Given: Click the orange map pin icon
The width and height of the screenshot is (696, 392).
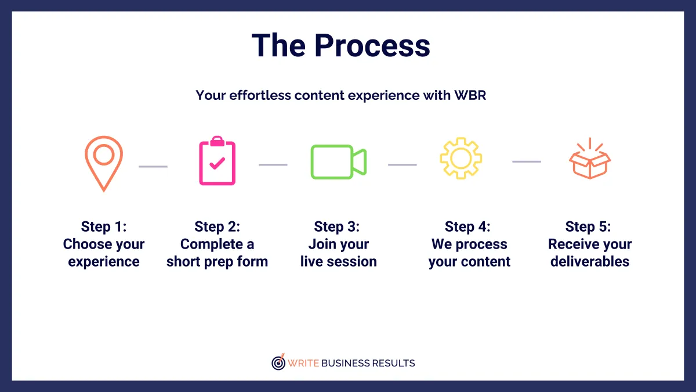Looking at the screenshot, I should (104, 163).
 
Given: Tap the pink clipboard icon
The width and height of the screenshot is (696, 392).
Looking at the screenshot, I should (217, 161).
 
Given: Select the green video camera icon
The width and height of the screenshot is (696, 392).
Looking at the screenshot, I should (338, 161).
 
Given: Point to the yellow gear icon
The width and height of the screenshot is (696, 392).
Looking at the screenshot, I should (461, 158).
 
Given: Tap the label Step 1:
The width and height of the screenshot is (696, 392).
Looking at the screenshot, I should (104, 226).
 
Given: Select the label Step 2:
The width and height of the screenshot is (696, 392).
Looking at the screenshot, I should (217, 226).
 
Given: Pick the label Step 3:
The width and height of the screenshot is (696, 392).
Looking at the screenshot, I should (337, 226).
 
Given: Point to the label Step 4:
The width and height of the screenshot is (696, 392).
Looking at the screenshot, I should (467, 226).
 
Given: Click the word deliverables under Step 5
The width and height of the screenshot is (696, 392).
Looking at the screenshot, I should (590, 262).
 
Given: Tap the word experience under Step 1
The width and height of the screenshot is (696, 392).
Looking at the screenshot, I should (104, 262).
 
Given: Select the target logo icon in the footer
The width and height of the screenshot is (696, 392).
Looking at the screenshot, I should (279, 362).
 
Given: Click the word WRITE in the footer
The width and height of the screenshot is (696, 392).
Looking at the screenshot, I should (303, 364).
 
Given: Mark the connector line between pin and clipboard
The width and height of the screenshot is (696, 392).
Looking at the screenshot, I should (153, 167).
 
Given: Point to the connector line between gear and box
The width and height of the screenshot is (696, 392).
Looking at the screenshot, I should (527, 161).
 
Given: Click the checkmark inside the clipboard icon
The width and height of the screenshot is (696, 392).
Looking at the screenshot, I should (217, 164).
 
